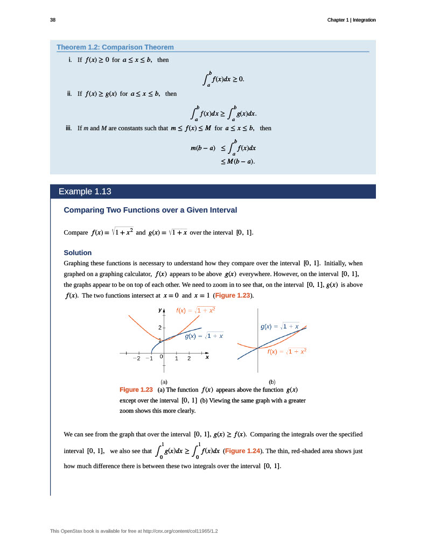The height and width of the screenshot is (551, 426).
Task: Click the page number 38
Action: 53,20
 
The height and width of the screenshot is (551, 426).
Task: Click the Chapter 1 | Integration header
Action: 351,20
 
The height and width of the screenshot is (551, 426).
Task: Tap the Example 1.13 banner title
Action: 85,192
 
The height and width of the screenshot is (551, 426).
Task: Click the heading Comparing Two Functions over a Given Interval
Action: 150,210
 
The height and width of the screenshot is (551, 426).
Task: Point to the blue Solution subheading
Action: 78,252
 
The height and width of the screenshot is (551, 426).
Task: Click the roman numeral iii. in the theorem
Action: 68,128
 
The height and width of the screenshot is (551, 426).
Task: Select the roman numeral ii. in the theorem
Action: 69,94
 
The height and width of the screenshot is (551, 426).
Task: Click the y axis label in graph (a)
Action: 160,310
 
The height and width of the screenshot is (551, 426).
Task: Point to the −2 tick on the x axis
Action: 137,358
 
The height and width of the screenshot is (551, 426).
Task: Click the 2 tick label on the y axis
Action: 159,327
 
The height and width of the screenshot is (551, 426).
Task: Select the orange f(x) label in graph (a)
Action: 196,310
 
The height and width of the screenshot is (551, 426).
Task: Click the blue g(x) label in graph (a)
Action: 204,336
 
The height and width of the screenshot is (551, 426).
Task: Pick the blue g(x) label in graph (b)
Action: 280,327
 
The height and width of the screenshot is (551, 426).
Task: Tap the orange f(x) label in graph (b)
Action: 287,351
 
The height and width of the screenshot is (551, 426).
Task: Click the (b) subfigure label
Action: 272,381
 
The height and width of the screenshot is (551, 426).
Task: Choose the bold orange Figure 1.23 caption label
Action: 136,390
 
